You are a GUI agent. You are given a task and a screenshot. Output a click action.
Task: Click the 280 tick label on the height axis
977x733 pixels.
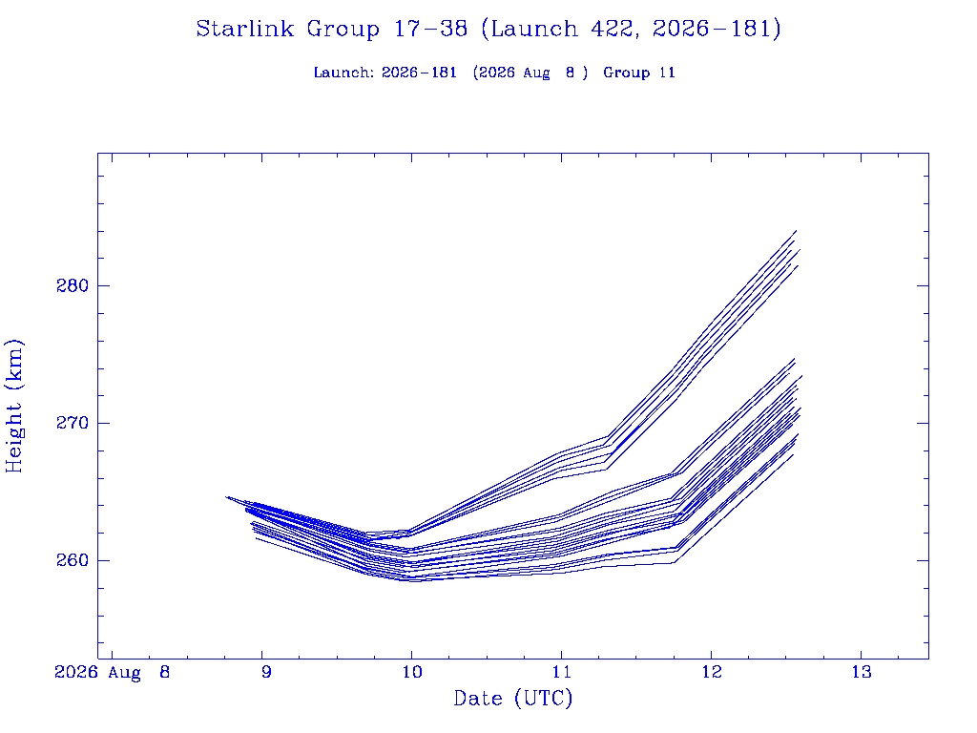tap(73, 286)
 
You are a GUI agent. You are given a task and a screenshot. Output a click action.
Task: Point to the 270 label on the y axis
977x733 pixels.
tap(73, 423)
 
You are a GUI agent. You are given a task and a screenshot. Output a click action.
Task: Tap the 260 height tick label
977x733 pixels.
tap(73, 560)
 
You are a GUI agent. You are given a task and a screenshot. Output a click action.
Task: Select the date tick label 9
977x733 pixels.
tap(267, 672)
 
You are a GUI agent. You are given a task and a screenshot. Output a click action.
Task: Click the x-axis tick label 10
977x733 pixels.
tap(412, 672)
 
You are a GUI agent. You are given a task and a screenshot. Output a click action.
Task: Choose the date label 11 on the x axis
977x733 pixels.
tap(562, 672)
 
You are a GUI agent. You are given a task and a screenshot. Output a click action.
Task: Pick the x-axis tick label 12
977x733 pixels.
tap(712, 672)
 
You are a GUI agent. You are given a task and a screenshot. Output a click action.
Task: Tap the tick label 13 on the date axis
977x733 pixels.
tap(862, 672)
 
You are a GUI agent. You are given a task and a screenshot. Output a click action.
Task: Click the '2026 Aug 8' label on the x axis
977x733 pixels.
tap(113, 673)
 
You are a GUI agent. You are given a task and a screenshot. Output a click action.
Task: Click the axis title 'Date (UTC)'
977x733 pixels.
tap(512, 699)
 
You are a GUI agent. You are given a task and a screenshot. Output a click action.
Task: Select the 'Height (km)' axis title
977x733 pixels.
tap(14, 406)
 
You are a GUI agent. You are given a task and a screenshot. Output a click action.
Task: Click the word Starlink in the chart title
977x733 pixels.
tap(245, 29)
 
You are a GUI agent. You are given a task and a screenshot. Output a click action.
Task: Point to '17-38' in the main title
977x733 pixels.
tap(430, 29)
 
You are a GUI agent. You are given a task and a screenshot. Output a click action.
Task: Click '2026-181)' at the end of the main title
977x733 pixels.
tap(717, 29)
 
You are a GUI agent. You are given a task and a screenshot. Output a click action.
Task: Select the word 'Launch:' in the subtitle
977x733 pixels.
tap(343, 73)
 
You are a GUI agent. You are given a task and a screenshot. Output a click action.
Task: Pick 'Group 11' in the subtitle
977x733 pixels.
tap(639, 73)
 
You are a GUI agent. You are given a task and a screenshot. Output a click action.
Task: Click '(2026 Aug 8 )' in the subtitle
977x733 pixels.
tap(530, 73)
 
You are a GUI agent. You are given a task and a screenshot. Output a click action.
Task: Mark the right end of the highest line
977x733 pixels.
tap(797, 231)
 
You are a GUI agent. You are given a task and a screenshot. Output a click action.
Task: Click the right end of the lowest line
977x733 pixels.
tap(793, 454)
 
